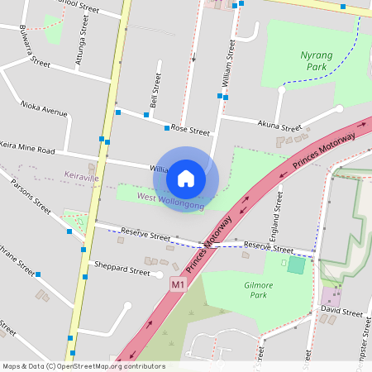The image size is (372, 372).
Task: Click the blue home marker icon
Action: (x=186, y=178)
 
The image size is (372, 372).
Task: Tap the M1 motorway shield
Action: (x=177, y=284)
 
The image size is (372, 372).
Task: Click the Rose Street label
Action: (x=190, y=130)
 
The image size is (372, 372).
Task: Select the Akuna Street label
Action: (x=280, y=126)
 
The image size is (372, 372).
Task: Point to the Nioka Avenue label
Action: (x=45, y=109)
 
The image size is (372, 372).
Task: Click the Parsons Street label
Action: (x=31, y=195)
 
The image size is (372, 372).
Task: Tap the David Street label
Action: (x=341, y=313)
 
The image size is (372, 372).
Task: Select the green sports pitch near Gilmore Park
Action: (x=295, y=265)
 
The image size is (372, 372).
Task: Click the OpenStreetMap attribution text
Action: (x=83, y=366)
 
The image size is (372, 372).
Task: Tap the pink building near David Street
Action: (x=330, y=296)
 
